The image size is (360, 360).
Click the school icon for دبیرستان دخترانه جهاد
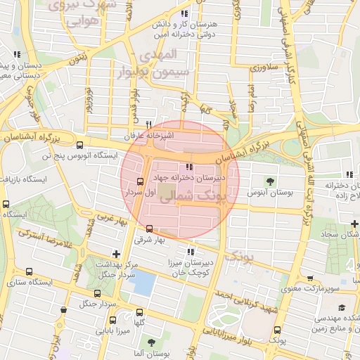(188, 167)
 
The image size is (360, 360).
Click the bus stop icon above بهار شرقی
(149, 229)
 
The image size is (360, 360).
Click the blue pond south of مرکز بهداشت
(144, 283)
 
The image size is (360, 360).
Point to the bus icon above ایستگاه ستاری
(29, 272)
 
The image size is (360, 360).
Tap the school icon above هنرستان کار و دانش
(184, 13)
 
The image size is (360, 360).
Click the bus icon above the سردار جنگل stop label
(98, 293)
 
